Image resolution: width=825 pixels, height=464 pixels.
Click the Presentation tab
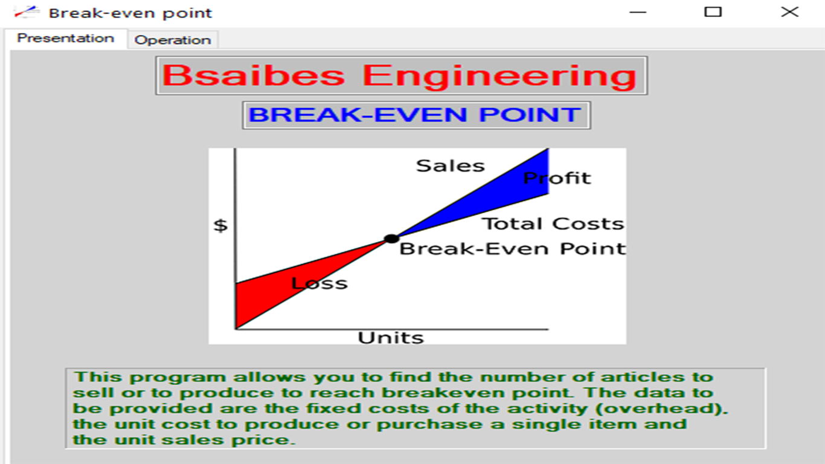(65, 39)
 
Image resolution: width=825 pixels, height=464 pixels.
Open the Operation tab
(173, 40)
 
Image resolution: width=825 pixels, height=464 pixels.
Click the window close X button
(789, 12)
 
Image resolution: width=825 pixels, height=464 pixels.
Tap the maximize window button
(713, 12)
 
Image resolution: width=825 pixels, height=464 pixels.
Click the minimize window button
(638, 12)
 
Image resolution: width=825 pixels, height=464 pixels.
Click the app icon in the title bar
(26, 12)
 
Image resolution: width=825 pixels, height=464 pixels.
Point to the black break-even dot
(391, 239)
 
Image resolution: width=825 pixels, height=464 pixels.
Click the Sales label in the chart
(450, 166)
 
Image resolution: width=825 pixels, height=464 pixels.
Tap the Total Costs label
(552, 224)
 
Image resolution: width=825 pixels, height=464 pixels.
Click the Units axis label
(391, 338)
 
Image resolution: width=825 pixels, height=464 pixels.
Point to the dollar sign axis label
(221, 226)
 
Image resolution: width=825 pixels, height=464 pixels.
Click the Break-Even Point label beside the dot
(512, 249)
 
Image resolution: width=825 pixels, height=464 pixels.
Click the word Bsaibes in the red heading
(254, 76)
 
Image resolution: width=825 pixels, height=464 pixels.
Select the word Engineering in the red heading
(499, 76)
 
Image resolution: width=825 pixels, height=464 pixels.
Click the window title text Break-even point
(130, 13)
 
